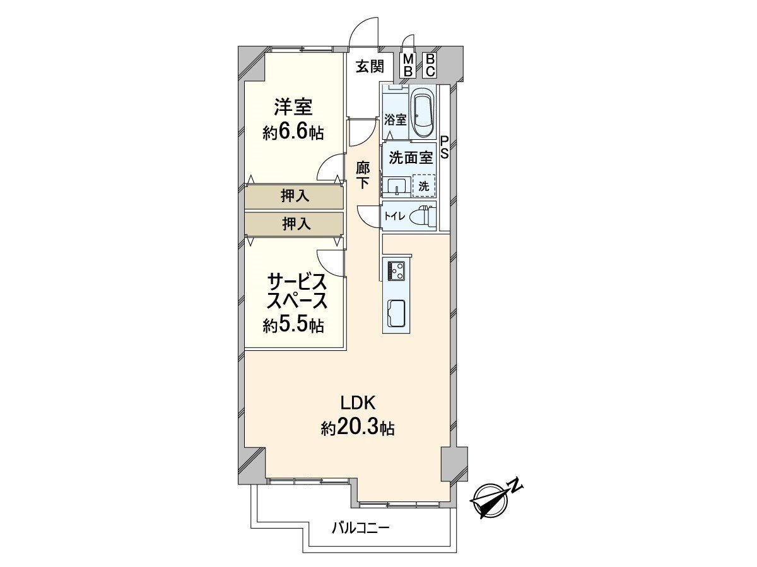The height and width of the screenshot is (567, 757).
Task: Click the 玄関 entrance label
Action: [x=369, y=66]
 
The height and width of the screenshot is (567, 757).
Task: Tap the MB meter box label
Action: [x=408, y=65]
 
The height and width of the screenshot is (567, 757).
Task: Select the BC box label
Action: [x=430, y=65]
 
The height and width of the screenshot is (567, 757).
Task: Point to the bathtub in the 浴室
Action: [x=423, y=113]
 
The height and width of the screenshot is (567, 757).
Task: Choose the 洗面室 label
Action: [x=411, y=158]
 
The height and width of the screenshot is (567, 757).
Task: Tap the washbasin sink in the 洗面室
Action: [x=396, y=186]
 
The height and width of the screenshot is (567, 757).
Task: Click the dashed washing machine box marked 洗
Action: [x=424, y=186]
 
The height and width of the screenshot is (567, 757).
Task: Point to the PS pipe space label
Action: [x=445, y=148]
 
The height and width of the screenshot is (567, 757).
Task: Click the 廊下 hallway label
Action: [x=363, y=176]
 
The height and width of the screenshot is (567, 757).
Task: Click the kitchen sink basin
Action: [x=397, y=313]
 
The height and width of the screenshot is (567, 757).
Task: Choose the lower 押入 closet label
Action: [x=295, y=223]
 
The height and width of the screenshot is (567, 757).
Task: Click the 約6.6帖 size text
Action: [x=293, y=132]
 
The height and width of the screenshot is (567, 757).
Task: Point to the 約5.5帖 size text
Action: [x=293, y=325]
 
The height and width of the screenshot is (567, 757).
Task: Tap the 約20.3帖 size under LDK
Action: [x=358, y=428]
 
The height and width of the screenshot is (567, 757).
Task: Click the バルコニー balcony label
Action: [x=361, y=528]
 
